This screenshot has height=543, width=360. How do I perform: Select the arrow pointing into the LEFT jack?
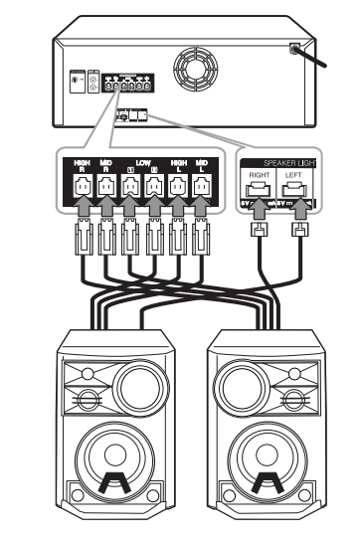point(296,208)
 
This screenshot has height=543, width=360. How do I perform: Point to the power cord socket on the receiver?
point(295,48)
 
